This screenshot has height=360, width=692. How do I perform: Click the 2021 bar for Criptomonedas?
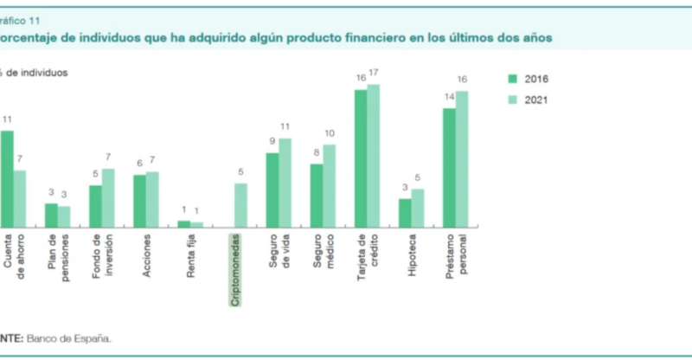point(240,205)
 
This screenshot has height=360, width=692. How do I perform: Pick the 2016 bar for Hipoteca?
point(405,213)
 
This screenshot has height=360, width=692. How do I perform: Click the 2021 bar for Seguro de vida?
point(285,183)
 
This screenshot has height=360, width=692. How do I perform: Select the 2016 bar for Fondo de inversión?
point(95,206)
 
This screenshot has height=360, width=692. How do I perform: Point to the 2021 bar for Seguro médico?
point(329,185)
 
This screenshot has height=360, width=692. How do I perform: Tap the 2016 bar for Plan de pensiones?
point(51,215)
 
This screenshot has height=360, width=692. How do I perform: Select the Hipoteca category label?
point(412,255)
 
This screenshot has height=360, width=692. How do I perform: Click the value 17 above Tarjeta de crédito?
point(374,72)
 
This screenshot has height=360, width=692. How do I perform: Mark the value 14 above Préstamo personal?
point(449,96)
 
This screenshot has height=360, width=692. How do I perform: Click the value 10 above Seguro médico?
point(330,133)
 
